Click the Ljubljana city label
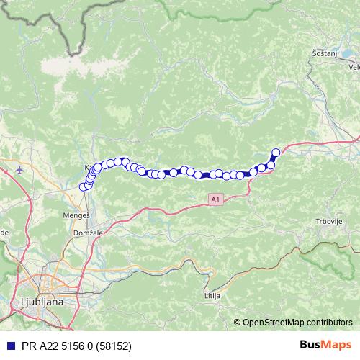42,302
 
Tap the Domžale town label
86,235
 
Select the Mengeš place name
85,214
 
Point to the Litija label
212,296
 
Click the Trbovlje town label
328,221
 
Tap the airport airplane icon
19,171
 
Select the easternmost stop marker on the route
275,152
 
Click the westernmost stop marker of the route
83,187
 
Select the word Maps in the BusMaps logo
337,344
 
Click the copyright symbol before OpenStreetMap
237,322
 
